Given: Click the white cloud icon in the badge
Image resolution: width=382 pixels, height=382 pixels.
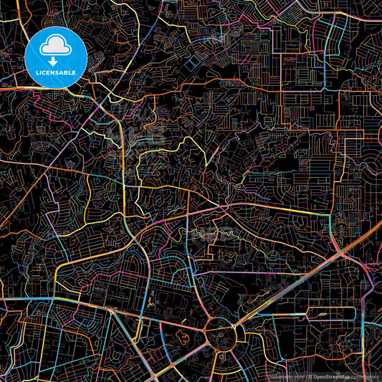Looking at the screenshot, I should coord(55,48).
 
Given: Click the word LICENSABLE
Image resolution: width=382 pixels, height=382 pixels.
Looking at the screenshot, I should coord(55,72).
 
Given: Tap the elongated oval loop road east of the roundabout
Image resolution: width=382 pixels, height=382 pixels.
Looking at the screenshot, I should coord(330,314).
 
